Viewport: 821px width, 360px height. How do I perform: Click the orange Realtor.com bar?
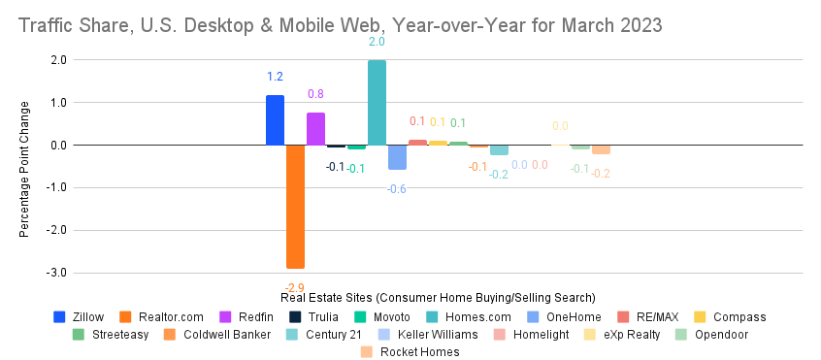[x=295, y=206]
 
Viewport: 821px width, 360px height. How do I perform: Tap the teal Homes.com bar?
[x=377, y=103]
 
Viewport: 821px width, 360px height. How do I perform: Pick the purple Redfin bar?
[x=315, y=128]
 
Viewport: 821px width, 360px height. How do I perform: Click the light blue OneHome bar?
[x=397, y=157]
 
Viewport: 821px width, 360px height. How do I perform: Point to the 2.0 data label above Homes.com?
[x=377, y=42]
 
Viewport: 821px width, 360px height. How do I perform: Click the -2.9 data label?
[x=294, y=287]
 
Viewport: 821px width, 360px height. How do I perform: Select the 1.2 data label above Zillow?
[x=275, y=77]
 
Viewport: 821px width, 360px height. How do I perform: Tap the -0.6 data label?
[x=397, y=188]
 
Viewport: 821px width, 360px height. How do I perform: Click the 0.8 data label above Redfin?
[x=315, y=94]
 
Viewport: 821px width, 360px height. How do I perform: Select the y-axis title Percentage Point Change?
[x=24, y=170]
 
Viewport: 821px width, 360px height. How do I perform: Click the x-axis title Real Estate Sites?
[x=438, y=297]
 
